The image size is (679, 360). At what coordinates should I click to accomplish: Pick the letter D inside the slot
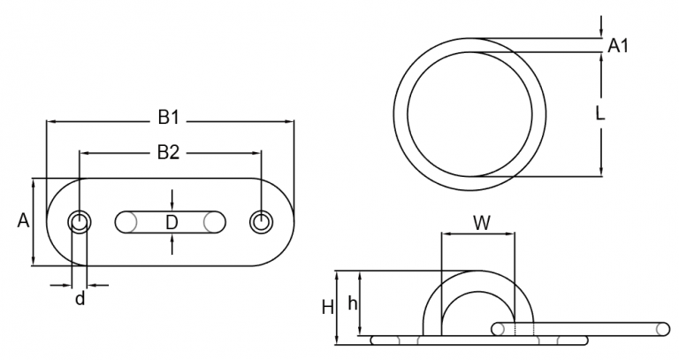pyautogui.click(x=172, y=221)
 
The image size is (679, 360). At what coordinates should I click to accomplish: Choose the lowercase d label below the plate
pyautogui.click(x=80, y=299)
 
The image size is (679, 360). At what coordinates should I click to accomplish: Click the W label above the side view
pyautogui.click(x=480, y=223)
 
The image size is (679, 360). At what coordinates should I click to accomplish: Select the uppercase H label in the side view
pyautogui.click(x=328, y=307)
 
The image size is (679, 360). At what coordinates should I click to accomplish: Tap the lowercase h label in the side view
pyautogui.click(x=353, y=303)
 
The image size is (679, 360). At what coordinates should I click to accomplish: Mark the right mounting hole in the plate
pyautogui.click(x=261, y=222)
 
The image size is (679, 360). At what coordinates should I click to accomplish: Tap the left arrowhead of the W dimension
pyautogui.click(x=445, y=235)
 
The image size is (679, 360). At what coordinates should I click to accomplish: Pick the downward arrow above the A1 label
pyautogui.click(x=601, y=33)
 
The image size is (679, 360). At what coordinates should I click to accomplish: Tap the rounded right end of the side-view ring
pyautogui.click(x=665, y=328)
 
